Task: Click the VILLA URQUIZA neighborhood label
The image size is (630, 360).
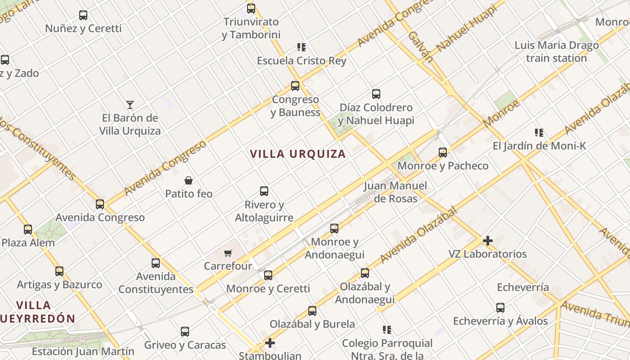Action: pyautogui.click(x=298, y=154)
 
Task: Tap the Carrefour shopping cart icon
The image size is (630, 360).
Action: pyautogui.click(x=228, y=253)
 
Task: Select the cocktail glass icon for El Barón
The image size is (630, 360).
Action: pyautogui.click(x=130, y=105)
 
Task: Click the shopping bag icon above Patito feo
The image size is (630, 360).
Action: pyautogui.click(x=189, y=180)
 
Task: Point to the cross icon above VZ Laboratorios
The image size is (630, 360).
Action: pyautogui.click(x=487, y=241)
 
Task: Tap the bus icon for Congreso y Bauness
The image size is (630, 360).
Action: pyautogui.click(x=295, y=85)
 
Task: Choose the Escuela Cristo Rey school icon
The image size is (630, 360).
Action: pyautogui.click(x=301, y=47)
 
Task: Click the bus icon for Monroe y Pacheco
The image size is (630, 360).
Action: pyautogui.click(x=443, y=153)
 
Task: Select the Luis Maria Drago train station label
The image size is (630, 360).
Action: pyautogui.click(x=557, y=52)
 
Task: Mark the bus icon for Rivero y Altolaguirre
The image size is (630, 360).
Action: pyautogui.click(x=264, y=191)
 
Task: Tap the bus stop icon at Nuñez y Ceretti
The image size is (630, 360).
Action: pyautogui.click(x=83, y=15)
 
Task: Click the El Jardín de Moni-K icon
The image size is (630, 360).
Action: pyautogui.click(x=539, y=133)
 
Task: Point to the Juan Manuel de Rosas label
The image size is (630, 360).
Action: pyautogui.click(x=396, y=192)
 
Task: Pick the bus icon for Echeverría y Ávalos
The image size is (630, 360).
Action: pyautogui.click(x=500, y=308)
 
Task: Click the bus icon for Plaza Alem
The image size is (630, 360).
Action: pyautogui.click(x=28, y=229)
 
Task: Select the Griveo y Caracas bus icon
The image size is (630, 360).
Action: pyautogui.click(x=185, y=332)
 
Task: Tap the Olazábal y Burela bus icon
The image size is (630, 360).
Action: pyautogui.click(x=312, y=310)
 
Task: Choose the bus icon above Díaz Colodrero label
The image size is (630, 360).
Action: pyautogui.click(x=376, y=94)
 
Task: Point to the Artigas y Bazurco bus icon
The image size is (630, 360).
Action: pyautogui.click(x=59, y=271)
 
